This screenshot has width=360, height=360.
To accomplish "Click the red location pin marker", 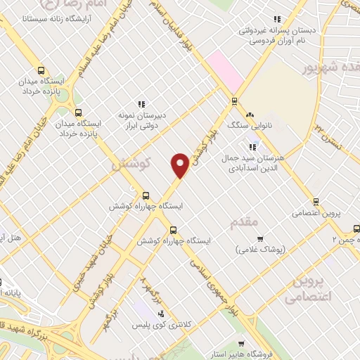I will click(x=180, y=165).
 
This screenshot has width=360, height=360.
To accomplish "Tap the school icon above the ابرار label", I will click(x=141, y=105).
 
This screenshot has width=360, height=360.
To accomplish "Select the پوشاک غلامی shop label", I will click(x=259, y=250).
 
